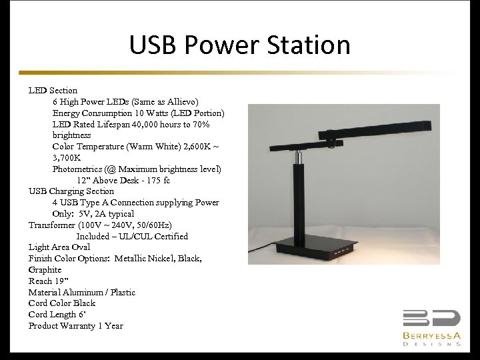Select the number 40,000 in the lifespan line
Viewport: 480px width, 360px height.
[148, 124]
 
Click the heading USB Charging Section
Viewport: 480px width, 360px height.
[71, 191]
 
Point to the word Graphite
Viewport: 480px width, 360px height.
[45, 270]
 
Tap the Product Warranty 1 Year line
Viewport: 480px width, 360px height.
[75, 326]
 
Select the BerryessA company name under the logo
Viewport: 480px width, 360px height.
[431, 335]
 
